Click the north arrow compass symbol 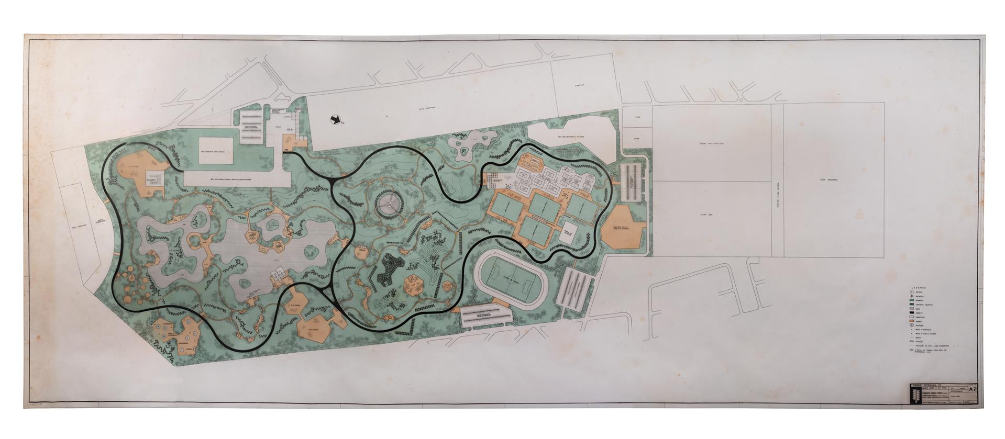pyautogui.click(x=333, y=120)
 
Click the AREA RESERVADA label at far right pyautogui.click(x=830, y=179)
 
